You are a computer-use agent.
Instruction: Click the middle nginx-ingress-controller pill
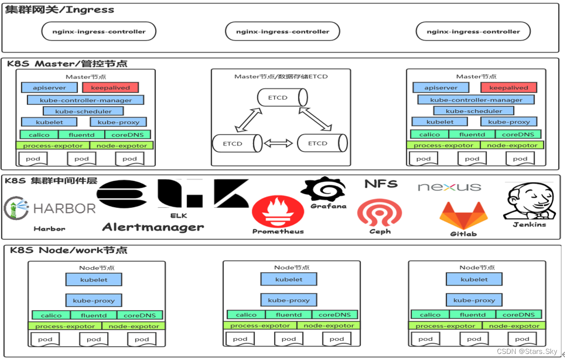(282, 31)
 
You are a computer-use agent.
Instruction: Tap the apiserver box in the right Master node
(441, 88)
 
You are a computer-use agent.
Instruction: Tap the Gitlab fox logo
(463, 215)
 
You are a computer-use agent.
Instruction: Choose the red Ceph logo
(379, 212)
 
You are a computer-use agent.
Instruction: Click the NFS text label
(381, 184)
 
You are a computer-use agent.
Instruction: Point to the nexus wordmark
(449, 187)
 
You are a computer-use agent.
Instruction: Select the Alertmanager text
(153, 227)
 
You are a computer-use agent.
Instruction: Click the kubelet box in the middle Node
(288, 279)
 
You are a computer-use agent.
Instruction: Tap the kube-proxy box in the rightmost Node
(474, 300)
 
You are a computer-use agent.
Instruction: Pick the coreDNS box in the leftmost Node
(140, 315)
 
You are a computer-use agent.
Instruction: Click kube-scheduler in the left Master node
(84, 111)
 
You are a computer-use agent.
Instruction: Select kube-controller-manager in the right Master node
(476, 100)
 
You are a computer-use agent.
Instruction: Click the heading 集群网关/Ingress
(60, 10)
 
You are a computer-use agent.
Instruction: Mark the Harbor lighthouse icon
(16, 209)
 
